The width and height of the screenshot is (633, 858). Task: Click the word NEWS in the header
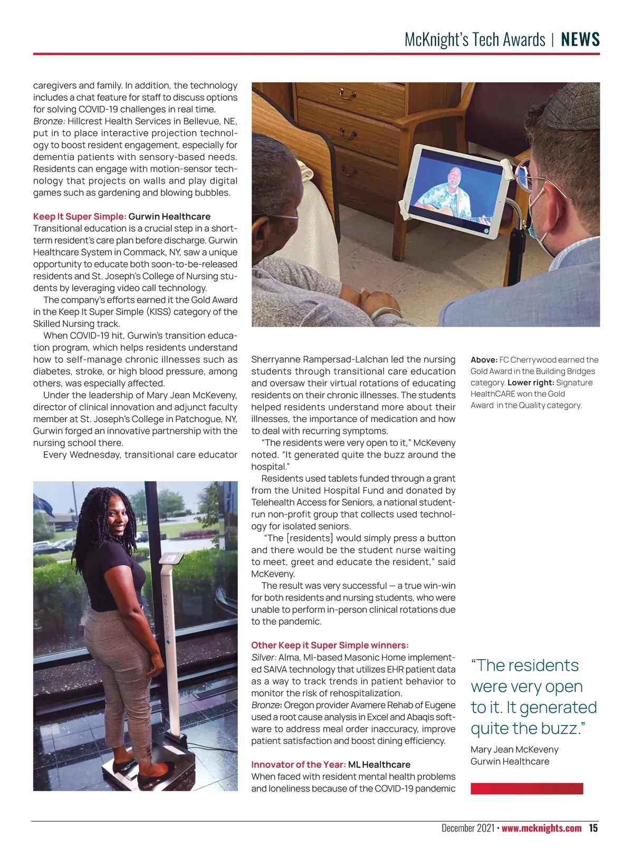580,40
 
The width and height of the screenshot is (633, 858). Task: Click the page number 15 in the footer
593,828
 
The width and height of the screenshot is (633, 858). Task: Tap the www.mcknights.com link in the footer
541,828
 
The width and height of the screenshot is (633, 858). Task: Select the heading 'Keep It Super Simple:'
80,216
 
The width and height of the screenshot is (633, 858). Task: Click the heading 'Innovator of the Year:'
299,765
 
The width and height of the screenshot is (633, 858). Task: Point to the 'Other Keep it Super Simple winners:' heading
330,645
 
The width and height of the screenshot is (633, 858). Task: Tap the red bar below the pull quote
526,788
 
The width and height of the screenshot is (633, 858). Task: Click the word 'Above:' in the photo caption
484,360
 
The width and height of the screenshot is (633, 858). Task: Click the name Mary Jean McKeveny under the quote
514,749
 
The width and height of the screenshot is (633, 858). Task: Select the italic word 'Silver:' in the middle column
264,657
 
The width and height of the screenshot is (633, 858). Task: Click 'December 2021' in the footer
467,828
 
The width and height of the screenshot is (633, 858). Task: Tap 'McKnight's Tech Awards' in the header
475,40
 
